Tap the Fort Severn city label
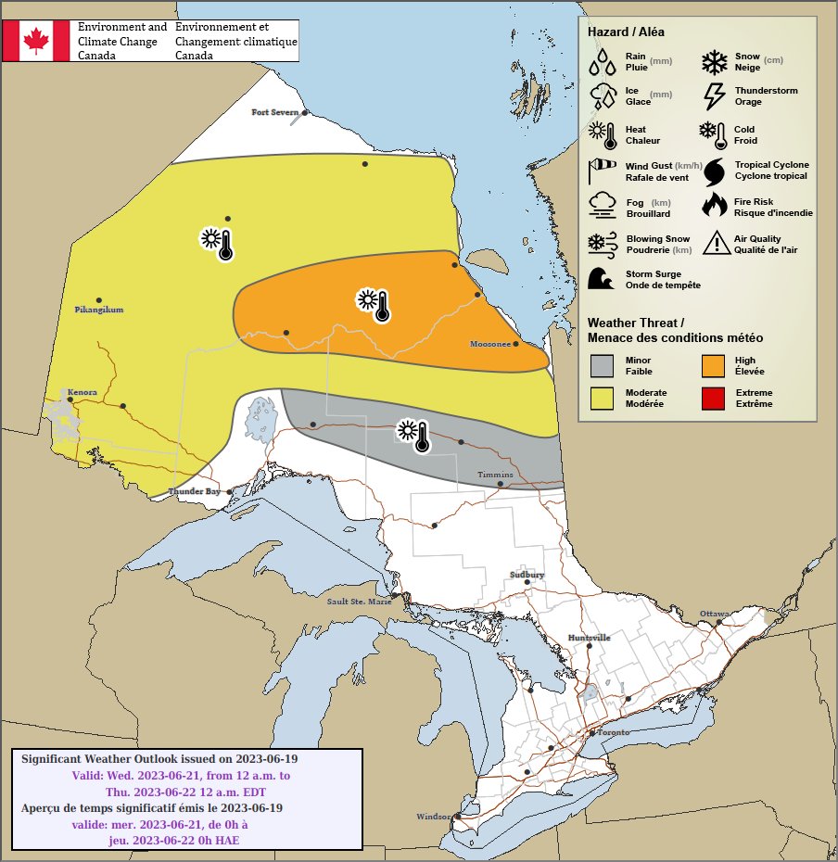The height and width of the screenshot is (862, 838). click(275, 112)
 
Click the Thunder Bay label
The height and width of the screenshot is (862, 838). click(194, 491)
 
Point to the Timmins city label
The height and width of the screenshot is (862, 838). click(494, 475)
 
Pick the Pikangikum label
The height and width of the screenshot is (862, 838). click(98, 310)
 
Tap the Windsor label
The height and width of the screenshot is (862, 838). click(432, 817)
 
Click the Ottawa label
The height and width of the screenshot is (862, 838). click(714, 614)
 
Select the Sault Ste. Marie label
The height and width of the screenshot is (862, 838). click(360, 601)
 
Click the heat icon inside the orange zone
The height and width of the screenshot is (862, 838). click(373, 304)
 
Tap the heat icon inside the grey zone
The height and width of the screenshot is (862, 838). click(413, 435)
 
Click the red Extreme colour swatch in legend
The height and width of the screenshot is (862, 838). click(714, 399)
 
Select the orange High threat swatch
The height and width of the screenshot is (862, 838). click(714, 365)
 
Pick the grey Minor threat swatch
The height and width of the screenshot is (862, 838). click(603, 365)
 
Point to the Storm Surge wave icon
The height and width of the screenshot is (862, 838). click(603, 279)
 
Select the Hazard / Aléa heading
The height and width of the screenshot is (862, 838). click(626, 32)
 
